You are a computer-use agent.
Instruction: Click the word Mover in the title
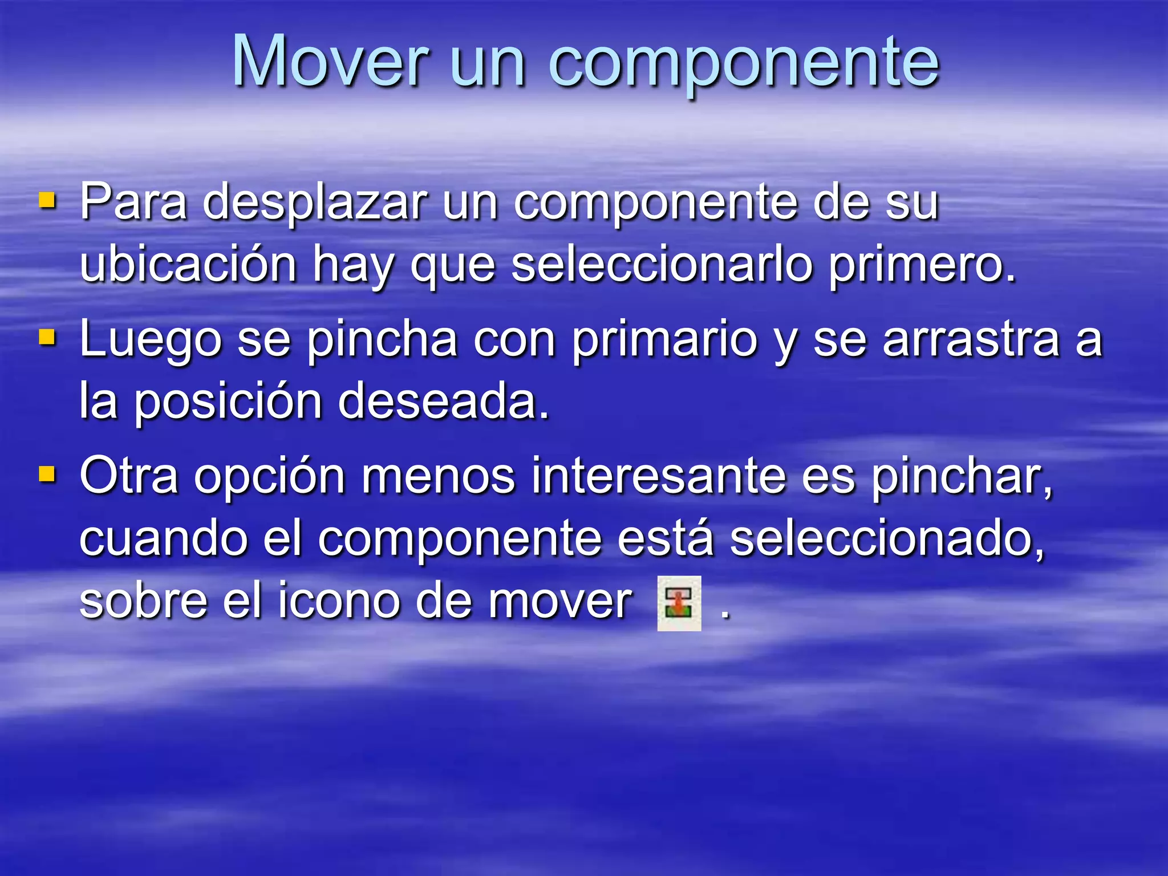coord(330,61)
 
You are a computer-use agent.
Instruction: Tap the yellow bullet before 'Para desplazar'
coord(48,200)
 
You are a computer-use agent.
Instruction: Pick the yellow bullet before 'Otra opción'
coord(48,474)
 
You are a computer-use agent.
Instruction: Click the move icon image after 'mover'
coord(679,603)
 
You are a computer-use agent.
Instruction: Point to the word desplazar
coord(315,203)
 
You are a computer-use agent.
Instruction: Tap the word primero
coord(922,266)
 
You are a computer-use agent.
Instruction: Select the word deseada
coord(443,401)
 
